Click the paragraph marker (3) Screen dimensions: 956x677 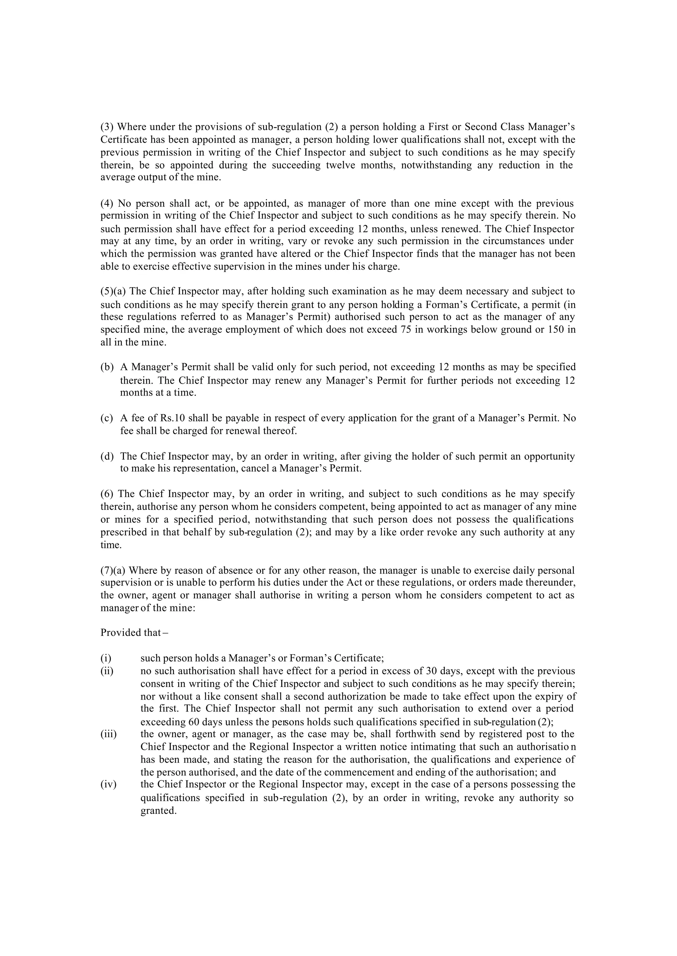(107, 127)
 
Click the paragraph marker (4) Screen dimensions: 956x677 (107, 204)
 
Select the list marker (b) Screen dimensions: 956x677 (107, 367)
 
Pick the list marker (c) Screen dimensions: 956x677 (107, 418)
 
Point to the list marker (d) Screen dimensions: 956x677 (107, 456)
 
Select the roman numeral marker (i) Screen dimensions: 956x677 (106, 659)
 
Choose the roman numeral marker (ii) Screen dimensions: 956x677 (107, 671)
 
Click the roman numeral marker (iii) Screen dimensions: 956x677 (108, 734)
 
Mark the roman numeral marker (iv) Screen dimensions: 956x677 (108, 784)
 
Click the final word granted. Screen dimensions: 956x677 (158, 811)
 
